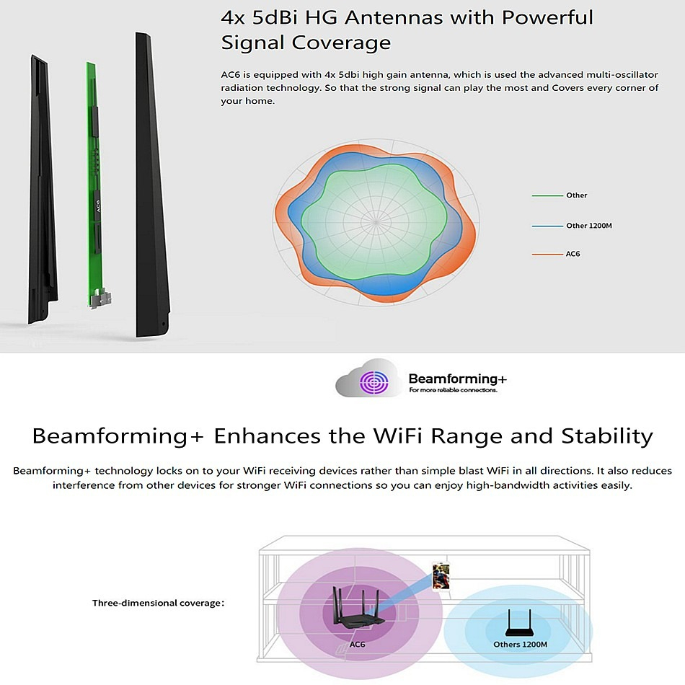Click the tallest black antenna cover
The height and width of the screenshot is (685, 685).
(152, 185)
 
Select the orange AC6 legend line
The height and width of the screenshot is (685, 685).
(547, 255)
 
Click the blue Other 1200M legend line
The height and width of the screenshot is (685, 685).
(547, 226)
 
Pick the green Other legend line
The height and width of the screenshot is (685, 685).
(547, 195)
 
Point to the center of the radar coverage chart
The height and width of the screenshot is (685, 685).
(376, 222)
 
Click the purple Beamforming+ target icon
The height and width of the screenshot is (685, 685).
(374, 382)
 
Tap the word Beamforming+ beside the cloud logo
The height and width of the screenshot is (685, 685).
(457, 379)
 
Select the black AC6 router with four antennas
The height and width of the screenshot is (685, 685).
(358, 607)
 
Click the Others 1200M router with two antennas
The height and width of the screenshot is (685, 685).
(518, 623)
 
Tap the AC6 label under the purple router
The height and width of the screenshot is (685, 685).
(357, 645)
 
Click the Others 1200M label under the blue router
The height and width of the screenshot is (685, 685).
(521, 645)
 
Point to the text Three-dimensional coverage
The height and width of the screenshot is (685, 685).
(158, 603)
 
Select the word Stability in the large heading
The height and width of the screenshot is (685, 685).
(607, 436)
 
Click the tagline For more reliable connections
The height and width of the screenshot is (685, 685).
(453, 390)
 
